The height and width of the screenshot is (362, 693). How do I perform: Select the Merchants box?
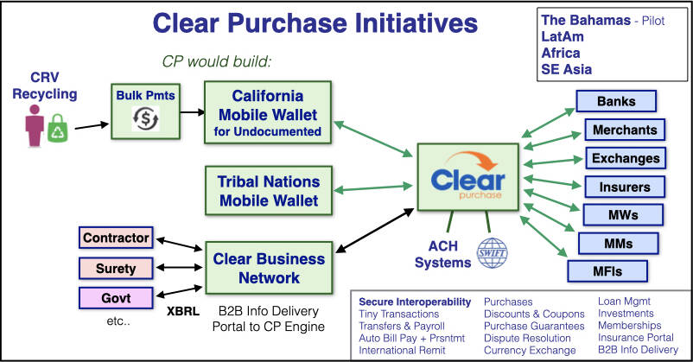[x=626, y=130]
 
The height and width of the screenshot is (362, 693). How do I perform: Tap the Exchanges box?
[x=626, y=158]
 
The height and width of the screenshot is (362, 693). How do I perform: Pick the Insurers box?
[x=626, y=187]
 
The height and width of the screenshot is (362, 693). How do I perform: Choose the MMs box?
[x=611, y=243]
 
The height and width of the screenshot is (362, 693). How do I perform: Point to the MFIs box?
[x=606, y=271]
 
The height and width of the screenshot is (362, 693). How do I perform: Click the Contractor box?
[x=116, y=236]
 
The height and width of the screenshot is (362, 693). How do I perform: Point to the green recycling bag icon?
[x=58, y=130]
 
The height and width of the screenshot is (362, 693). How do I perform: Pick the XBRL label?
[x=183, y=307]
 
